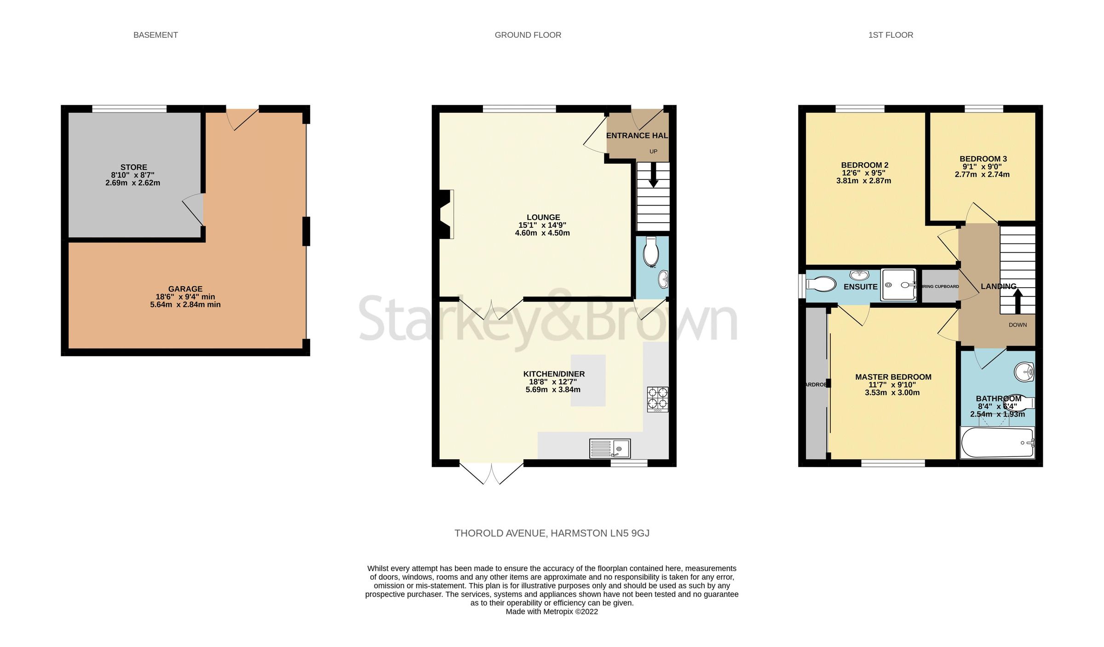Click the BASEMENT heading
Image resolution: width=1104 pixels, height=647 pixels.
click(155, 35)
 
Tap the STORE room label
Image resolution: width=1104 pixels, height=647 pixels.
click(134, 167)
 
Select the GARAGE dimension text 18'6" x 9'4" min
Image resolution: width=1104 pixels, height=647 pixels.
click(185, 297)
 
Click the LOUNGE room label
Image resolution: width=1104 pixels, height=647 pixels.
click(543, 217)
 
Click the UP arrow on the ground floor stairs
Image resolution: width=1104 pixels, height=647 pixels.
click(653, 178)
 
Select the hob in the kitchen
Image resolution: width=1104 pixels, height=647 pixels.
click(657, 399)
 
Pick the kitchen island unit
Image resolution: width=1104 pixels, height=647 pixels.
click(588, 380)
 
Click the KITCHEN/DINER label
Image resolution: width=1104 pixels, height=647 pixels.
click(554, 374)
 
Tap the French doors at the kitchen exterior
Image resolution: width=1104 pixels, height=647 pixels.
click(491, 474)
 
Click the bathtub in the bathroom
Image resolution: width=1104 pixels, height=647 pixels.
click(997, 443)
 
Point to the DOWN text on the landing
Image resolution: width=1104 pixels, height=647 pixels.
click(1018, 325)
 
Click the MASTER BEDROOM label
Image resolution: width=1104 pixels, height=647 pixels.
click(893, 377)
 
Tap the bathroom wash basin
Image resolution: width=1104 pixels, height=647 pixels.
click(1024, 371)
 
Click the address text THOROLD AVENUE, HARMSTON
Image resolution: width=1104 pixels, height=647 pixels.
click(552, 533)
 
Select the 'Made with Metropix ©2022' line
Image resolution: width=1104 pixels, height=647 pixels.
click(552, 612)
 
